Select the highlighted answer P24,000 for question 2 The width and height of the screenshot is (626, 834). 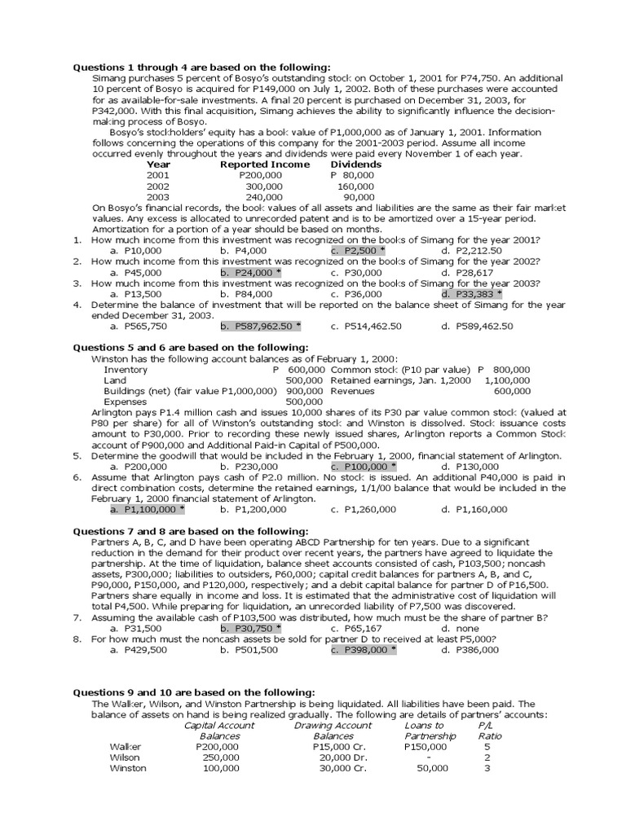250,272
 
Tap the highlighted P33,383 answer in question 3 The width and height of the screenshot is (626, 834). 471,293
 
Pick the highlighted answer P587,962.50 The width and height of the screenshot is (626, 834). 260,326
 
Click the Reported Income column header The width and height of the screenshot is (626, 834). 265,165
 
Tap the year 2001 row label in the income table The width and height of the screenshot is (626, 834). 158,175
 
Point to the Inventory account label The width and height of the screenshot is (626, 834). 126,369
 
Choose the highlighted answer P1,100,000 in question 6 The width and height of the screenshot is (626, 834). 148,509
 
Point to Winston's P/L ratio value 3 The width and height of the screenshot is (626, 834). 487,768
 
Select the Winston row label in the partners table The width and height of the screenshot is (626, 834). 128,768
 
